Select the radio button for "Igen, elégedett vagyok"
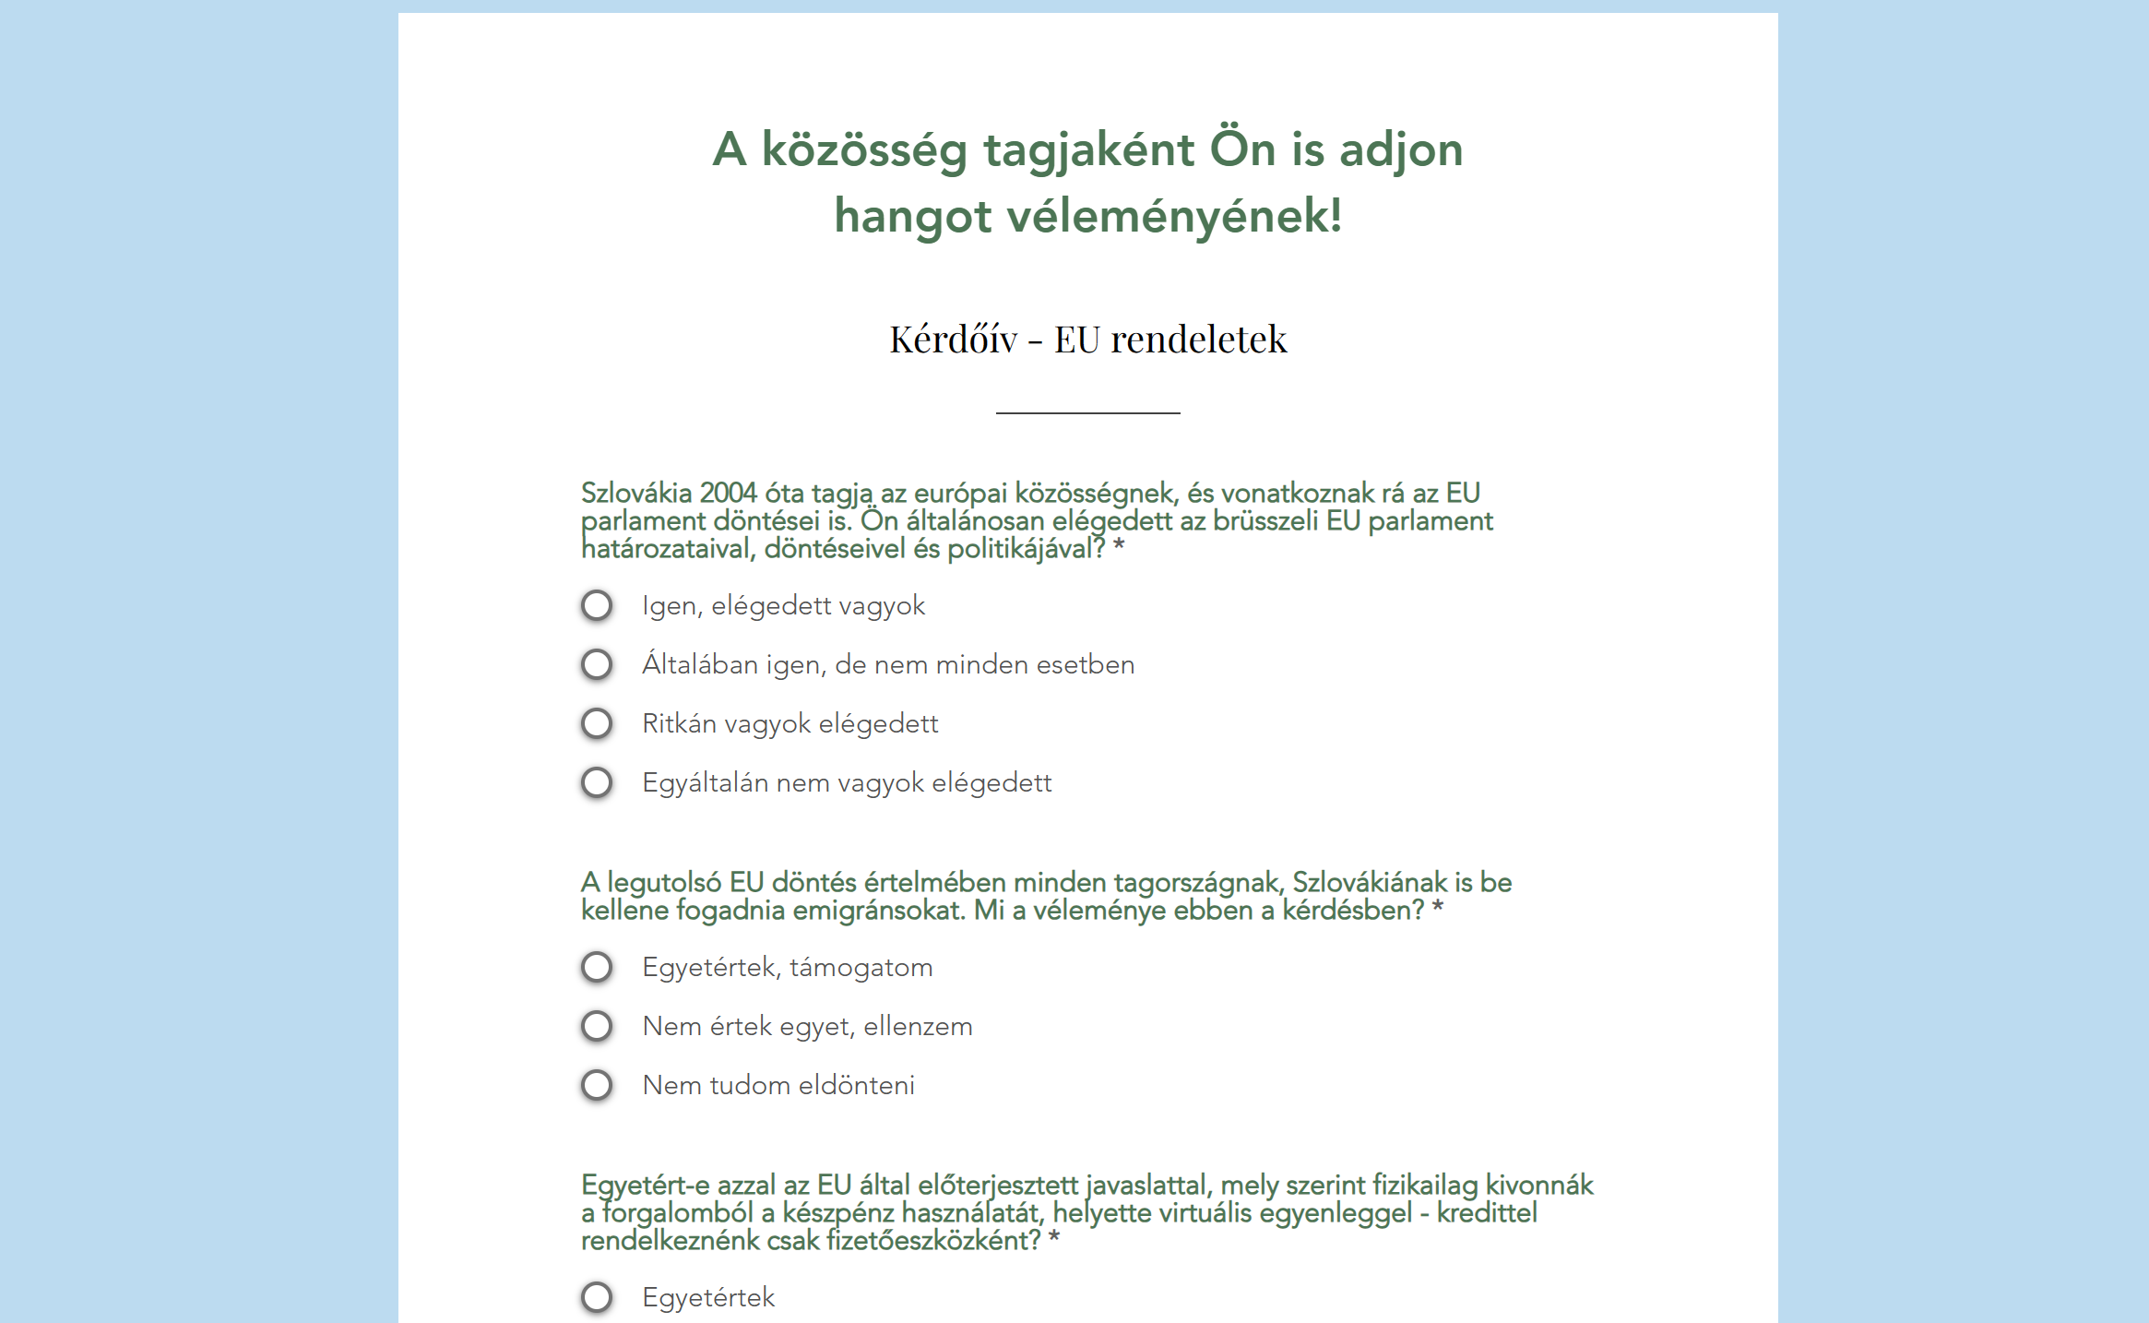pyautogui.click(x=597, y=606)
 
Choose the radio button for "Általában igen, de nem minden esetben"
pyautogui.click(x=597, y=665)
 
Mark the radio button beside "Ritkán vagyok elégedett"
pyautogui.click(x=597, y=724)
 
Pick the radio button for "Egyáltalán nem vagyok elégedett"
pyautogui.click(x=597, y=783)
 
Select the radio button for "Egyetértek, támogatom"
pyautogui.click(x=597, y=968)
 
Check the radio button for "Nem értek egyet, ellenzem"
pyautogui.click(x=597, y=1027)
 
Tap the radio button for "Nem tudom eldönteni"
pyautogui.click(x=597, y=1086)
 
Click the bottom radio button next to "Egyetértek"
pyautogui.click(x=597, y=1298)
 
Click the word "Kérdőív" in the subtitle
pyautogui.click(x=953, y=340)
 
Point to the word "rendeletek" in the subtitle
pyautogui.click(x=1198, y=340)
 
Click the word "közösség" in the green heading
pyautogui.click(x=863, y=150)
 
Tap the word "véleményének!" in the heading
pyautogui.click(x=1174, y=217)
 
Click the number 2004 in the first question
pyautogui.click(x=728, y=494)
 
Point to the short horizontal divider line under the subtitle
pyautogui.click(x=1087, y=412)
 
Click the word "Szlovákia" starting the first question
pyautogui.click(x=635, y=494)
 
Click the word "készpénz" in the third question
pyautogui.click(x=838, y=1213)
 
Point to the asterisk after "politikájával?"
pyautogui.click(x=1119, y=548)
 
